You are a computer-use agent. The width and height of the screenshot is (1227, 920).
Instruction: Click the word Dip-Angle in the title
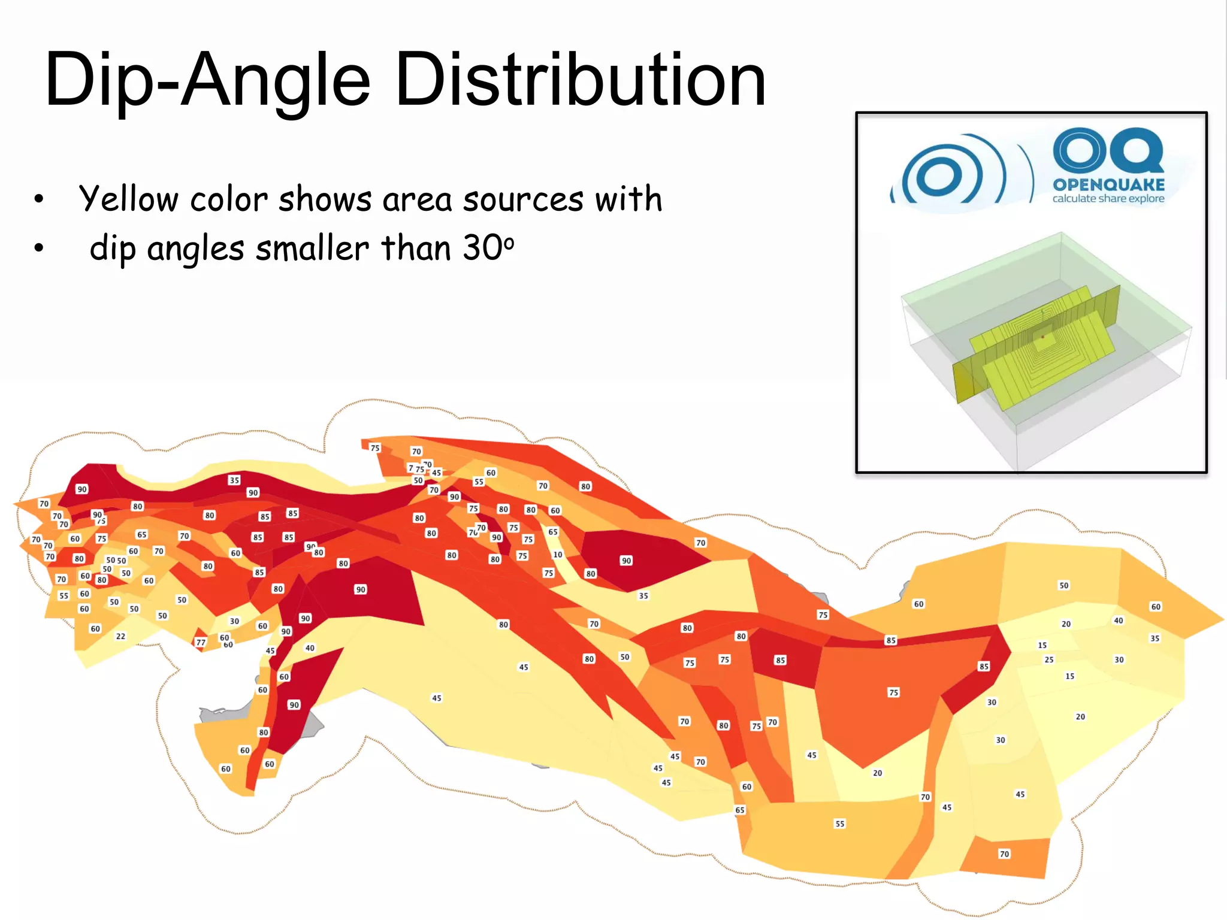(x=207, y=81)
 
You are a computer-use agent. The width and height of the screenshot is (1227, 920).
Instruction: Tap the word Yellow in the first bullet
(x=129, y=199)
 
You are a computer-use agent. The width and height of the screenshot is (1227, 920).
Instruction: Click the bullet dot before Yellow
(x=39, y=199)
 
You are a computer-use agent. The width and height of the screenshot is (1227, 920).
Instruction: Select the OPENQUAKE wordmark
(x=1108, y=184)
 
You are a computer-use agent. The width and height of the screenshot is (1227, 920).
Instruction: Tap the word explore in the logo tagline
(x=1146, y=199)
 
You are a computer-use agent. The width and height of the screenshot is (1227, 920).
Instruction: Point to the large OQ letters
(x=1108, y=150)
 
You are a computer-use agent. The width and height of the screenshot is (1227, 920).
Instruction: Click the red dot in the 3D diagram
(x=1043, y=337)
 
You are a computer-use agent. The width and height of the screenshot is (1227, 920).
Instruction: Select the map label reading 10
(x=557, y=555)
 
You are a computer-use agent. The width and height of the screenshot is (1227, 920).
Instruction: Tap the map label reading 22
(x=120, y=636)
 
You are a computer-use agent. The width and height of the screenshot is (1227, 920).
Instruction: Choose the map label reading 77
(x=201, y=643)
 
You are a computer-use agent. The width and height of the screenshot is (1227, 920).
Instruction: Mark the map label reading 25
(x=1048, y=659)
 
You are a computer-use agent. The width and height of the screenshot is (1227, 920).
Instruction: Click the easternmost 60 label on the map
(x=1156, y=607)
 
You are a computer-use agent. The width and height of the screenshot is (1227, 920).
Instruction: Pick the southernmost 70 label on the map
(x=1004, y=854)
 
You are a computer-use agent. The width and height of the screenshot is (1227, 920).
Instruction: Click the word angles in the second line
(x=195, y=249)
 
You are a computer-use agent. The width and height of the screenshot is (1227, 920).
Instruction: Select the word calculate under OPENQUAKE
(x=1074, y=199)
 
